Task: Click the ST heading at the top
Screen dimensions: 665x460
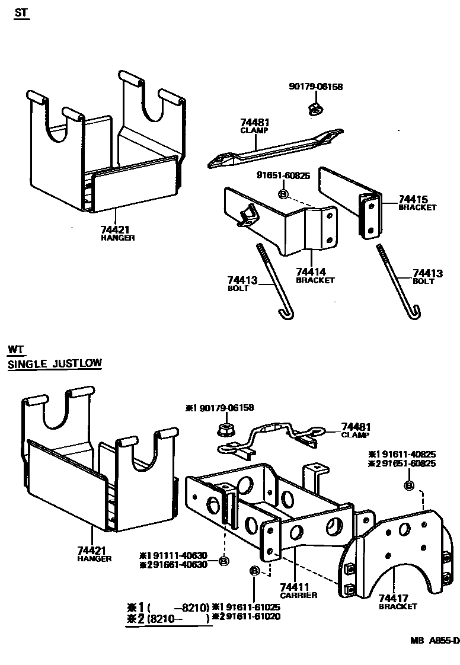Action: pos(21,12)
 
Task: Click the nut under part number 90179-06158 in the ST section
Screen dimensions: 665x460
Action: pos(315,108)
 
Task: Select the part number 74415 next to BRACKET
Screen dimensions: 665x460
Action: pos(413,200)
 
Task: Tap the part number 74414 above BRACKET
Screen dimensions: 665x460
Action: pos(311,272)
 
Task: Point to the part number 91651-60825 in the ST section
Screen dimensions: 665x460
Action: pos(283,175)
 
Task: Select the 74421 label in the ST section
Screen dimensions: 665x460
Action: pos(114,229)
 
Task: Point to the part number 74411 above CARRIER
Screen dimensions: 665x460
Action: pos(294,587)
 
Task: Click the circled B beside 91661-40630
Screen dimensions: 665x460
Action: pos(223,561)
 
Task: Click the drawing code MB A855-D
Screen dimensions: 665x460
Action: pos(434,640)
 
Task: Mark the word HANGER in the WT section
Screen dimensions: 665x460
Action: pos(94,558)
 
